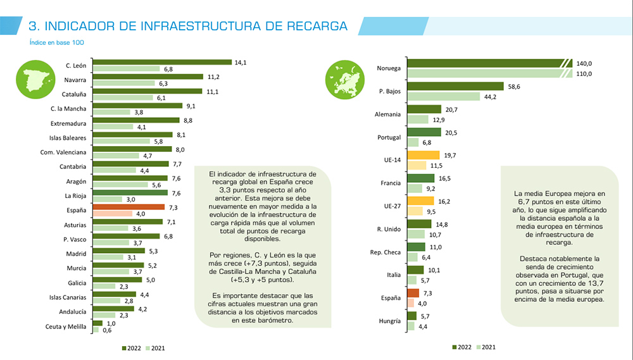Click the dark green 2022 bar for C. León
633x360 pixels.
(162, 62)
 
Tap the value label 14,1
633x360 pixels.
(240, 62)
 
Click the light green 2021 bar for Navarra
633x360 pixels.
(123, 83)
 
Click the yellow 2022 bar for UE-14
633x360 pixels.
(423, 155)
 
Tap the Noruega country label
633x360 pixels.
(389, 68)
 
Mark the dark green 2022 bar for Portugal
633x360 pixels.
(423, 132)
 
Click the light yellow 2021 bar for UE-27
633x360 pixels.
(415, 211)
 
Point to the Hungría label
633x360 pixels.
(389, 321)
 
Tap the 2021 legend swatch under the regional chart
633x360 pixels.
(149, 347)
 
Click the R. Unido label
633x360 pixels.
(387, 228)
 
